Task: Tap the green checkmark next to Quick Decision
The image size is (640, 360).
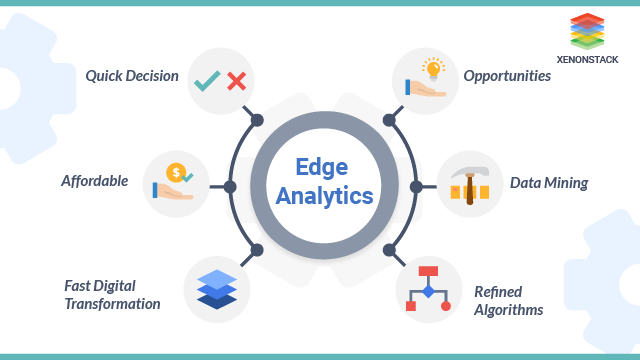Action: (208, 80)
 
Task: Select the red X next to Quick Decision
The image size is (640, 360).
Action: (236, 80)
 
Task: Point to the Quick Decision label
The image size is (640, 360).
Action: (132, 76)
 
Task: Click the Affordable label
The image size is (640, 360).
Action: (95, 181)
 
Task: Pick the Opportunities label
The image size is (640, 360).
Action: (507, 76)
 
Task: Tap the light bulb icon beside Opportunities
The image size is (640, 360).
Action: (433, 70)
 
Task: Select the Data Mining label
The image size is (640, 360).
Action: (549, 183)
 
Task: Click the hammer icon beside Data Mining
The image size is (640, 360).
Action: (469, 183)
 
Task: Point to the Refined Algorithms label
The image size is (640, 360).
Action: (508, 300)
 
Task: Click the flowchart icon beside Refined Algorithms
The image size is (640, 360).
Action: (428, 289)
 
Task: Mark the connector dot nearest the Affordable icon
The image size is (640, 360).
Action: (230, 187)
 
